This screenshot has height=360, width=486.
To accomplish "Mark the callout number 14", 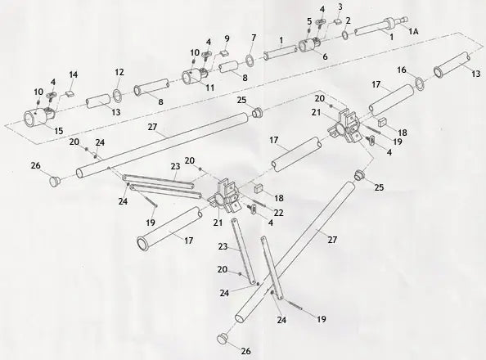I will click(74, 74).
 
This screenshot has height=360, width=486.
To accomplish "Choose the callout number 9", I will click(227, 39).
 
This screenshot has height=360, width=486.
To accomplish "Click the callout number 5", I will click(309, 20).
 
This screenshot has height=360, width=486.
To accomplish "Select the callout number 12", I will click(119, 71).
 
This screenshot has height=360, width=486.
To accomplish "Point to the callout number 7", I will click(254, 38).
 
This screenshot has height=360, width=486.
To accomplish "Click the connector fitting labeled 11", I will click(193, 78).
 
